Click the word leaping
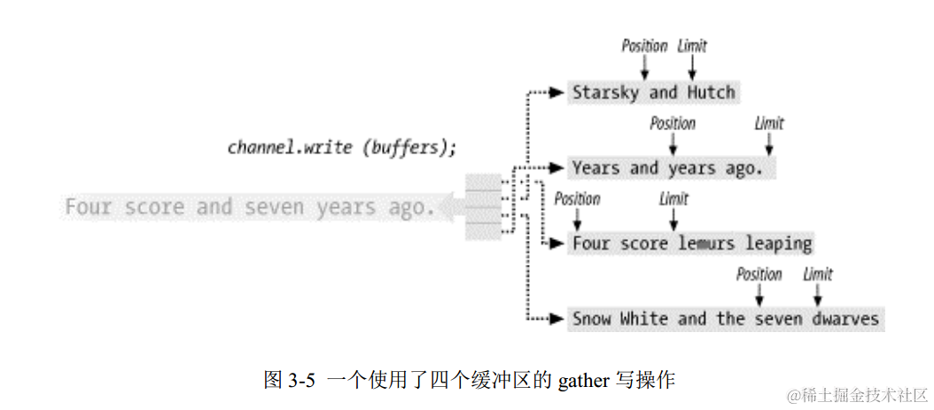point(779,243)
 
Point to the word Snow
point(592,318)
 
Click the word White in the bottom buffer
point(644,318)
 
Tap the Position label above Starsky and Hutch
point(644,45)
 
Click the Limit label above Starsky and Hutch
point(692,45)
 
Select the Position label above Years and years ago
point(673,122)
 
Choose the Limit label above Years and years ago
point(768,122)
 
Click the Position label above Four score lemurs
point(577,198)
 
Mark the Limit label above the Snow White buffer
point(817,274)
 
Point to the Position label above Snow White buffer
point(759,274)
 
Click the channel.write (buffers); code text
point(342,147)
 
